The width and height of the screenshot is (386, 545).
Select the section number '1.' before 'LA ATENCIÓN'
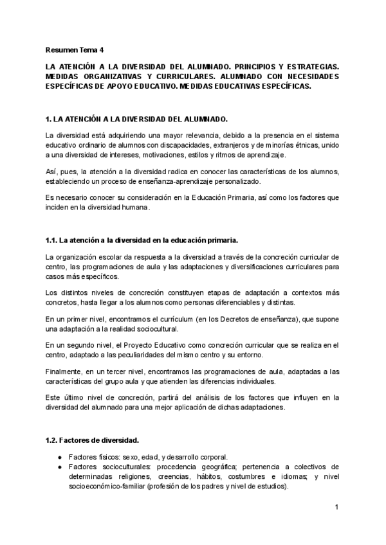pyautogui.click(x=49, y=120)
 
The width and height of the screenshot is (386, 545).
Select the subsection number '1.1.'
pyautogui.click(x=52, y=241)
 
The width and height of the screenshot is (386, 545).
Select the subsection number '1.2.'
pyautogui.click(x=52, y=440)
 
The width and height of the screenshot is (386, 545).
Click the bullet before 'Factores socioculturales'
pyautogui.click(x=59, y=467)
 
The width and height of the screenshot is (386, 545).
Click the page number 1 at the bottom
pyautogui.click(x=336, y=508)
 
